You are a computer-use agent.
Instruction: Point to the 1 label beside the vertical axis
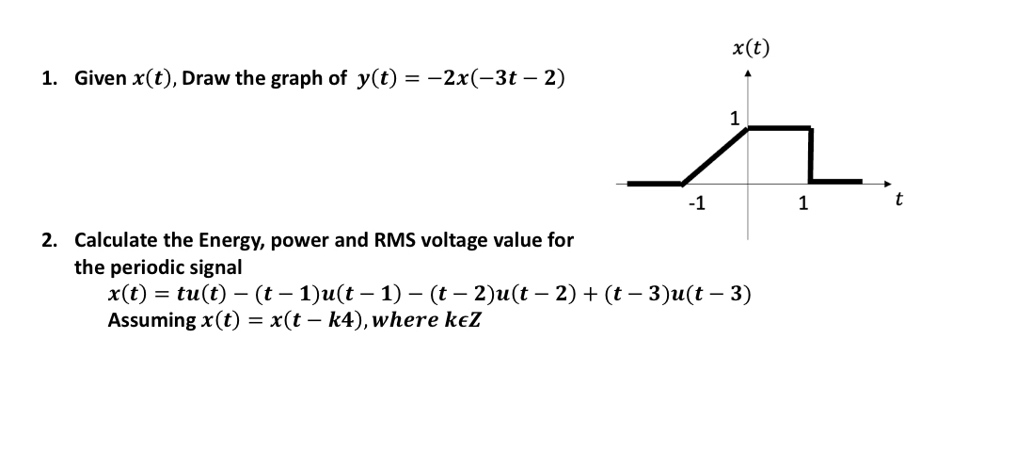click(x=735, y=119)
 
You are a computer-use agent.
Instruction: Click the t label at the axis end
click(x=899, y=199)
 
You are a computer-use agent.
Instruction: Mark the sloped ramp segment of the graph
click(x=716, y=155)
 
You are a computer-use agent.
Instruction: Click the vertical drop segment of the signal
click(x=810, y=153)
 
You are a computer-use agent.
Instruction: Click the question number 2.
click(x=48, y=240)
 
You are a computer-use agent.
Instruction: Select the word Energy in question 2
click(x=226, y=240)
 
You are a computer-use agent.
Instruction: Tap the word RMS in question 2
click(x=395, y=239)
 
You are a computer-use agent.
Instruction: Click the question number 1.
click(x=48, y=78)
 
